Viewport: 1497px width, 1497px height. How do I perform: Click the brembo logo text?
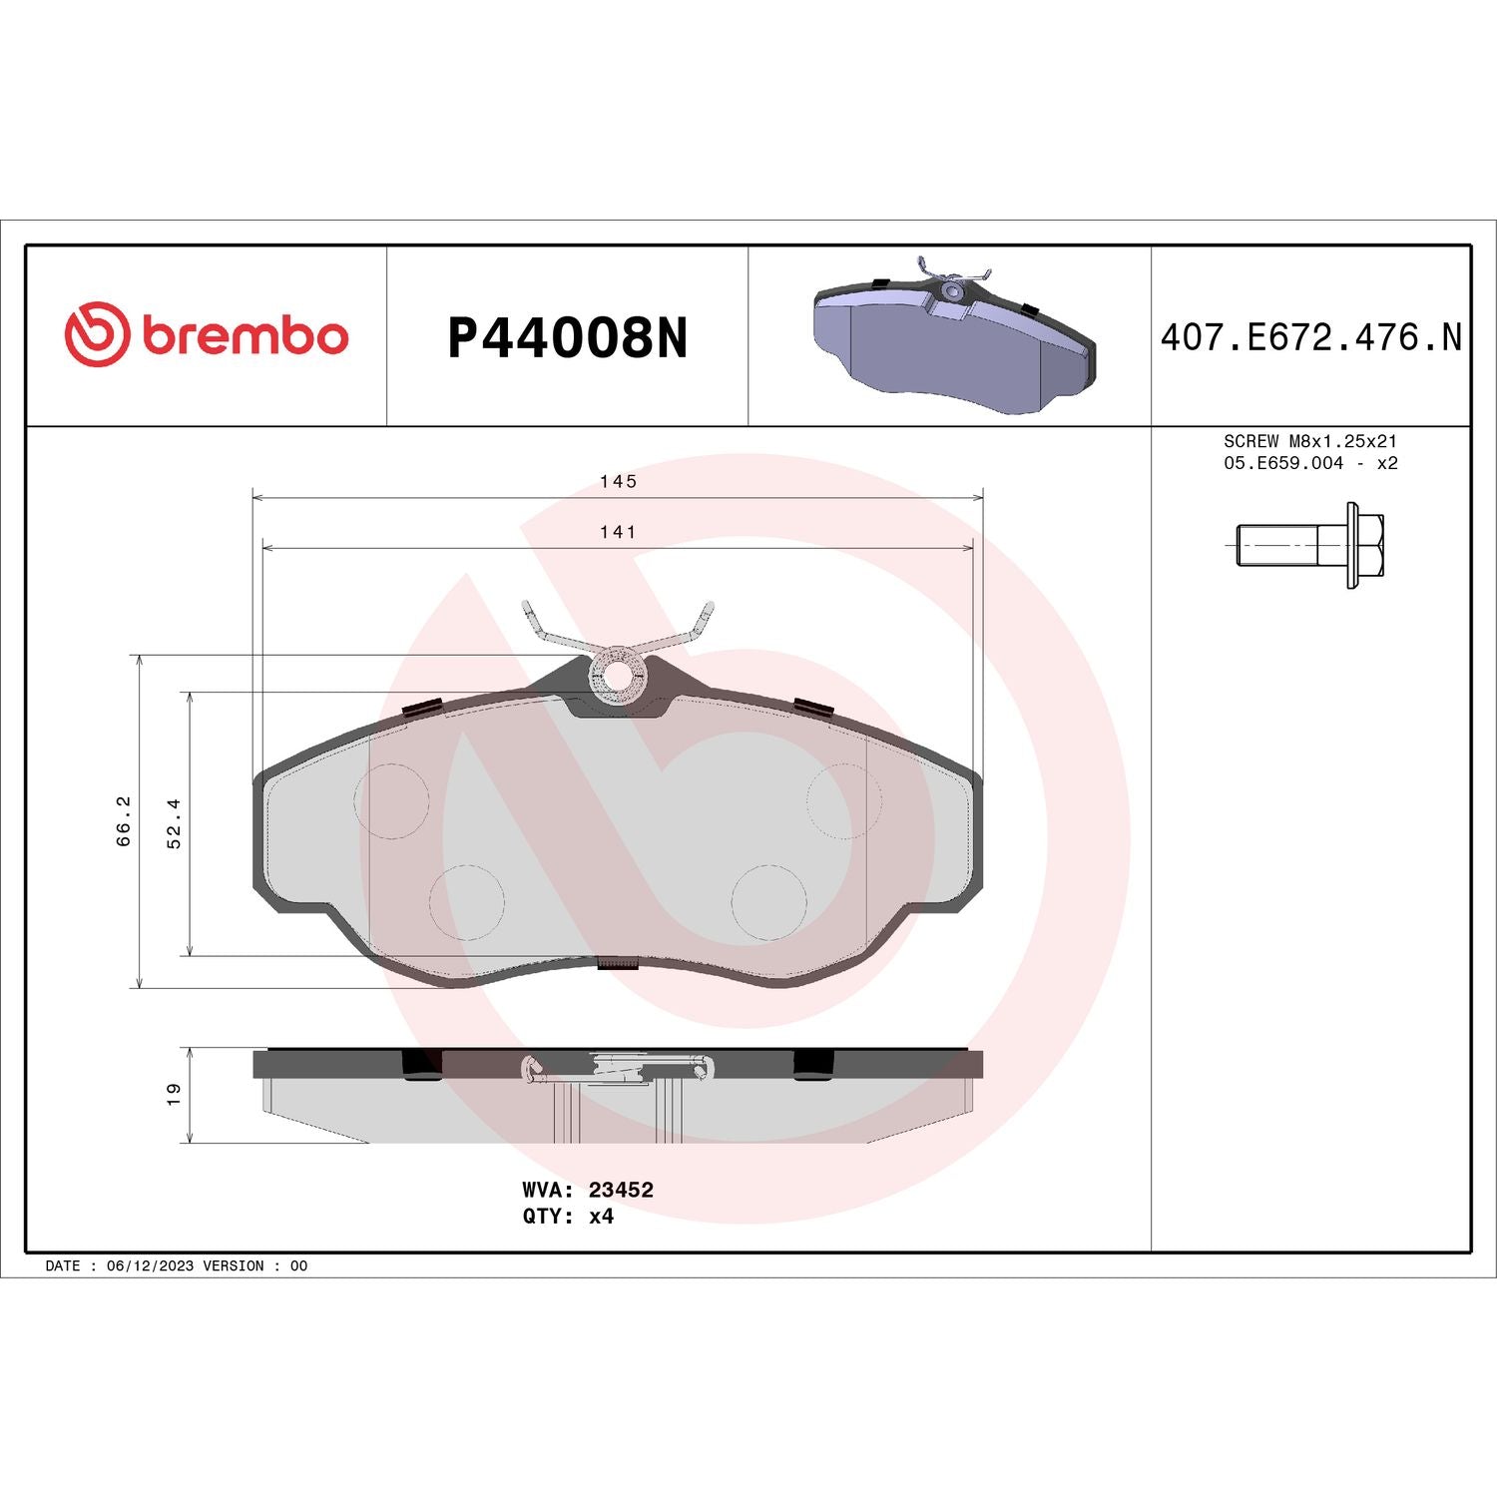click(x=246, y=336)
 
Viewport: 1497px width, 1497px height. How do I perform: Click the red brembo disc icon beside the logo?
click(x=97, y=333)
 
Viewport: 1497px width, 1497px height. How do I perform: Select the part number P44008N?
click(x=567, y=338)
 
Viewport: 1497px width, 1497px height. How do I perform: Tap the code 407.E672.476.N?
click(x=1309, y=337)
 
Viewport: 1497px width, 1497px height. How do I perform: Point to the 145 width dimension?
click(x=618, y=481)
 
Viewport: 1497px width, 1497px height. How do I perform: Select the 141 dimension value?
click(x=618, y=532)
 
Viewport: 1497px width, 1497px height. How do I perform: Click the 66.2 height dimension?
click(x=124, y=820)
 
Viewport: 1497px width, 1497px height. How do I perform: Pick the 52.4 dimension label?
click(x=175, y=822)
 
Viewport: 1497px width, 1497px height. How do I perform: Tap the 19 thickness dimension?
click(x=174, y=1094)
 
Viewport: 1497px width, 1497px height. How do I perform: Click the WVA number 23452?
click(x=621, y=1190)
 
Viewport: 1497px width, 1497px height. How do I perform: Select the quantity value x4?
click(x=601, y=1217)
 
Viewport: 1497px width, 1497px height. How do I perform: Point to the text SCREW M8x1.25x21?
click(x=1309, y=441)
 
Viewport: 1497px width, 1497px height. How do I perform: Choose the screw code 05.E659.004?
click(x=1283, y=463)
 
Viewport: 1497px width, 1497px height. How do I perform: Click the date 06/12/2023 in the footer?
click(x=150, y=1265)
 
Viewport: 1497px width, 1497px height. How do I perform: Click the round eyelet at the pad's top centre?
click(x=618, y=676)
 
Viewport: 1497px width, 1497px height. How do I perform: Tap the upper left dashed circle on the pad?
click(x=392, y=800)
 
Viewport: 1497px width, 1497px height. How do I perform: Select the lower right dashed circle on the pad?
click(x=768, y=902)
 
